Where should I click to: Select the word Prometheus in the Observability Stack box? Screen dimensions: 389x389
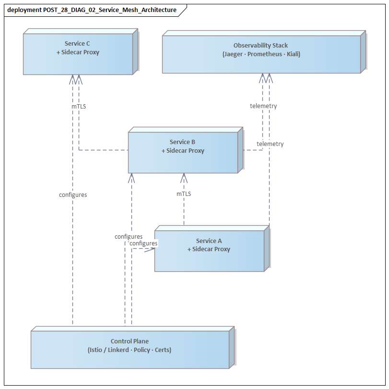[x=264, y=54]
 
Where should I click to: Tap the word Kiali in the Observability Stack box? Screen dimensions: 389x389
[x=292, y=54]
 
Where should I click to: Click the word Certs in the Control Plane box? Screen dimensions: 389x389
[x=162, y=350]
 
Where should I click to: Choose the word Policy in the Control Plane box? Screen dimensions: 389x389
[x=142, y=350]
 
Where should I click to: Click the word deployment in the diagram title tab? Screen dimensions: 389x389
[x=24, y=10]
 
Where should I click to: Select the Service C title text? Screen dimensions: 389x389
[x=78, y=43]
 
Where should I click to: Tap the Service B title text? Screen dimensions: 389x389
[x=183, y=142]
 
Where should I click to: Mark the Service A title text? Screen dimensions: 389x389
[x=209, y=241]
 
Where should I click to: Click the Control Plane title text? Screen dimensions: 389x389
[x=130, y=341]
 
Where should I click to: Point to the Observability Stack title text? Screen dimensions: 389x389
[x=261, y=45]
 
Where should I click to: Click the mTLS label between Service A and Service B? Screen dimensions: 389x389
[x=184, y=194]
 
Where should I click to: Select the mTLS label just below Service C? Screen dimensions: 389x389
[x=79, y=106]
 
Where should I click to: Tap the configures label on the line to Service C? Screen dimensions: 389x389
[x=73, y=195]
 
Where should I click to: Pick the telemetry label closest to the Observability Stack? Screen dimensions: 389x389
[x=263, y=106]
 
